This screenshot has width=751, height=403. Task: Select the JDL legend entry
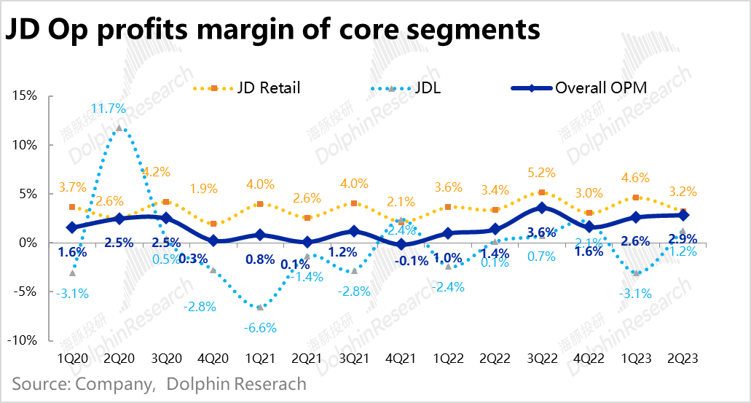tap(425, 88)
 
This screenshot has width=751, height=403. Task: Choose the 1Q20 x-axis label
tap(72, 359)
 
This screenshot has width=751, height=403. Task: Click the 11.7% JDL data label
tap(109, 109)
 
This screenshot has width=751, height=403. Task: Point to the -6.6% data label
tap(259, 327)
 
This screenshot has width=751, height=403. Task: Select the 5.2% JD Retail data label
tap(541, 173)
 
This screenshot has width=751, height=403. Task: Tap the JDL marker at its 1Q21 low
tap(259, 307)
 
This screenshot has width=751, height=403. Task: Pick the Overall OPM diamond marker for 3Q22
tap(541, 208)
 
